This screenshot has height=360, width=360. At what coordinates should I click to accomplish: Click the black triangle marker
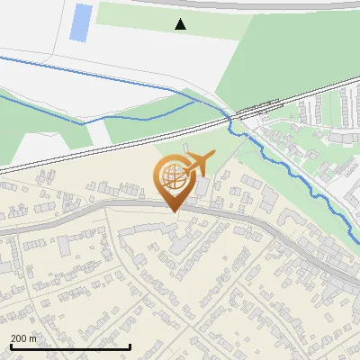[x=181, y=24]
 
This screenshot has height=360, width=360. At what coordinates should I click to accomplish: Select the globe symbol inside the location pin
[x=171, y=175]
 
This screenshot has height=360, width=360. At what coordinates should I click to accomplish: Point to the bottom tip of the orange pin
[x=172, y=212]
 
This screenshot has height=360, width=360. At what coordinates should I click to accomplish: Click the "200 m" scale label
[x=24, y=337]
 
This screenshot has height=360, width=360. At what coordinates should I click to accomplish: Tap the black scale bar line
[x=69, y=346]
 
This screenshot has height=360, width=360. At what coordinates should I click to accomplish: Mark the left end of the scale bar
[x=10, y=346]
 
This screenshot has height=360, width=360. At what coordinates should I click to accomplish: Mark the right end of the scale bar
[x=130, y=346]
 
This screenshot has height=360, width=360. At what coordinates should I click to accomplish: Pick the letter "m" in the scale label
[x=33, y=337]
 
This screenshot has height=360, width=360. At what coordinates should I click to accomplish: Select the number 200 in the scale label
[x=19, y=337]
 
